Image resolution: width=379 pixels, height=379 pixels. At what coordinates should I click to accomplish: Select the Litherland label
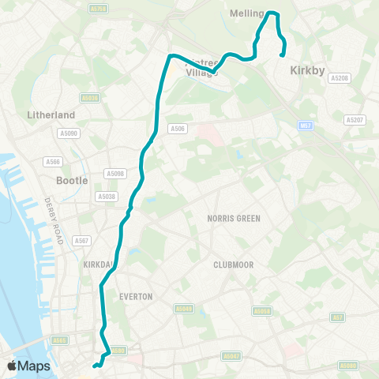(x=50, y=114)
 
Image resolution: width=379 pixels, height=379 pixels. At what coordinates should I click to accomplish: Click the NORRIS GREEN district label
(x=234, y=218)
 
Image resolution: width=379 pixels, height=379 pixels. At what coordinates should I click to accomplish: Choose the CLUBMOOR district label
(x=233, y=265)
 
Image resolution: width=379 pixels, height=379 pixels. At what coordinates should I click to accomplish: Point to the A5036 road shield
(x=91, y=98)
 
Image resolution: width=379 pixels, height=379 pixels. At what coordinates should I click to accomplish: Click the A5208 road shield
(x=340, y=78)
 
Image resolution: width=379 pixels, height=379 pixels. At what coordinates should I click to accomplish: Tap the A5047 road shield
(x=231, y=357)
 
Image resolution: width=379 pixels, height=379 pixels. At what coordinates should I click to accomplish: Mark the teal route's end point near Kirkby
(x=283, y=54)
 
